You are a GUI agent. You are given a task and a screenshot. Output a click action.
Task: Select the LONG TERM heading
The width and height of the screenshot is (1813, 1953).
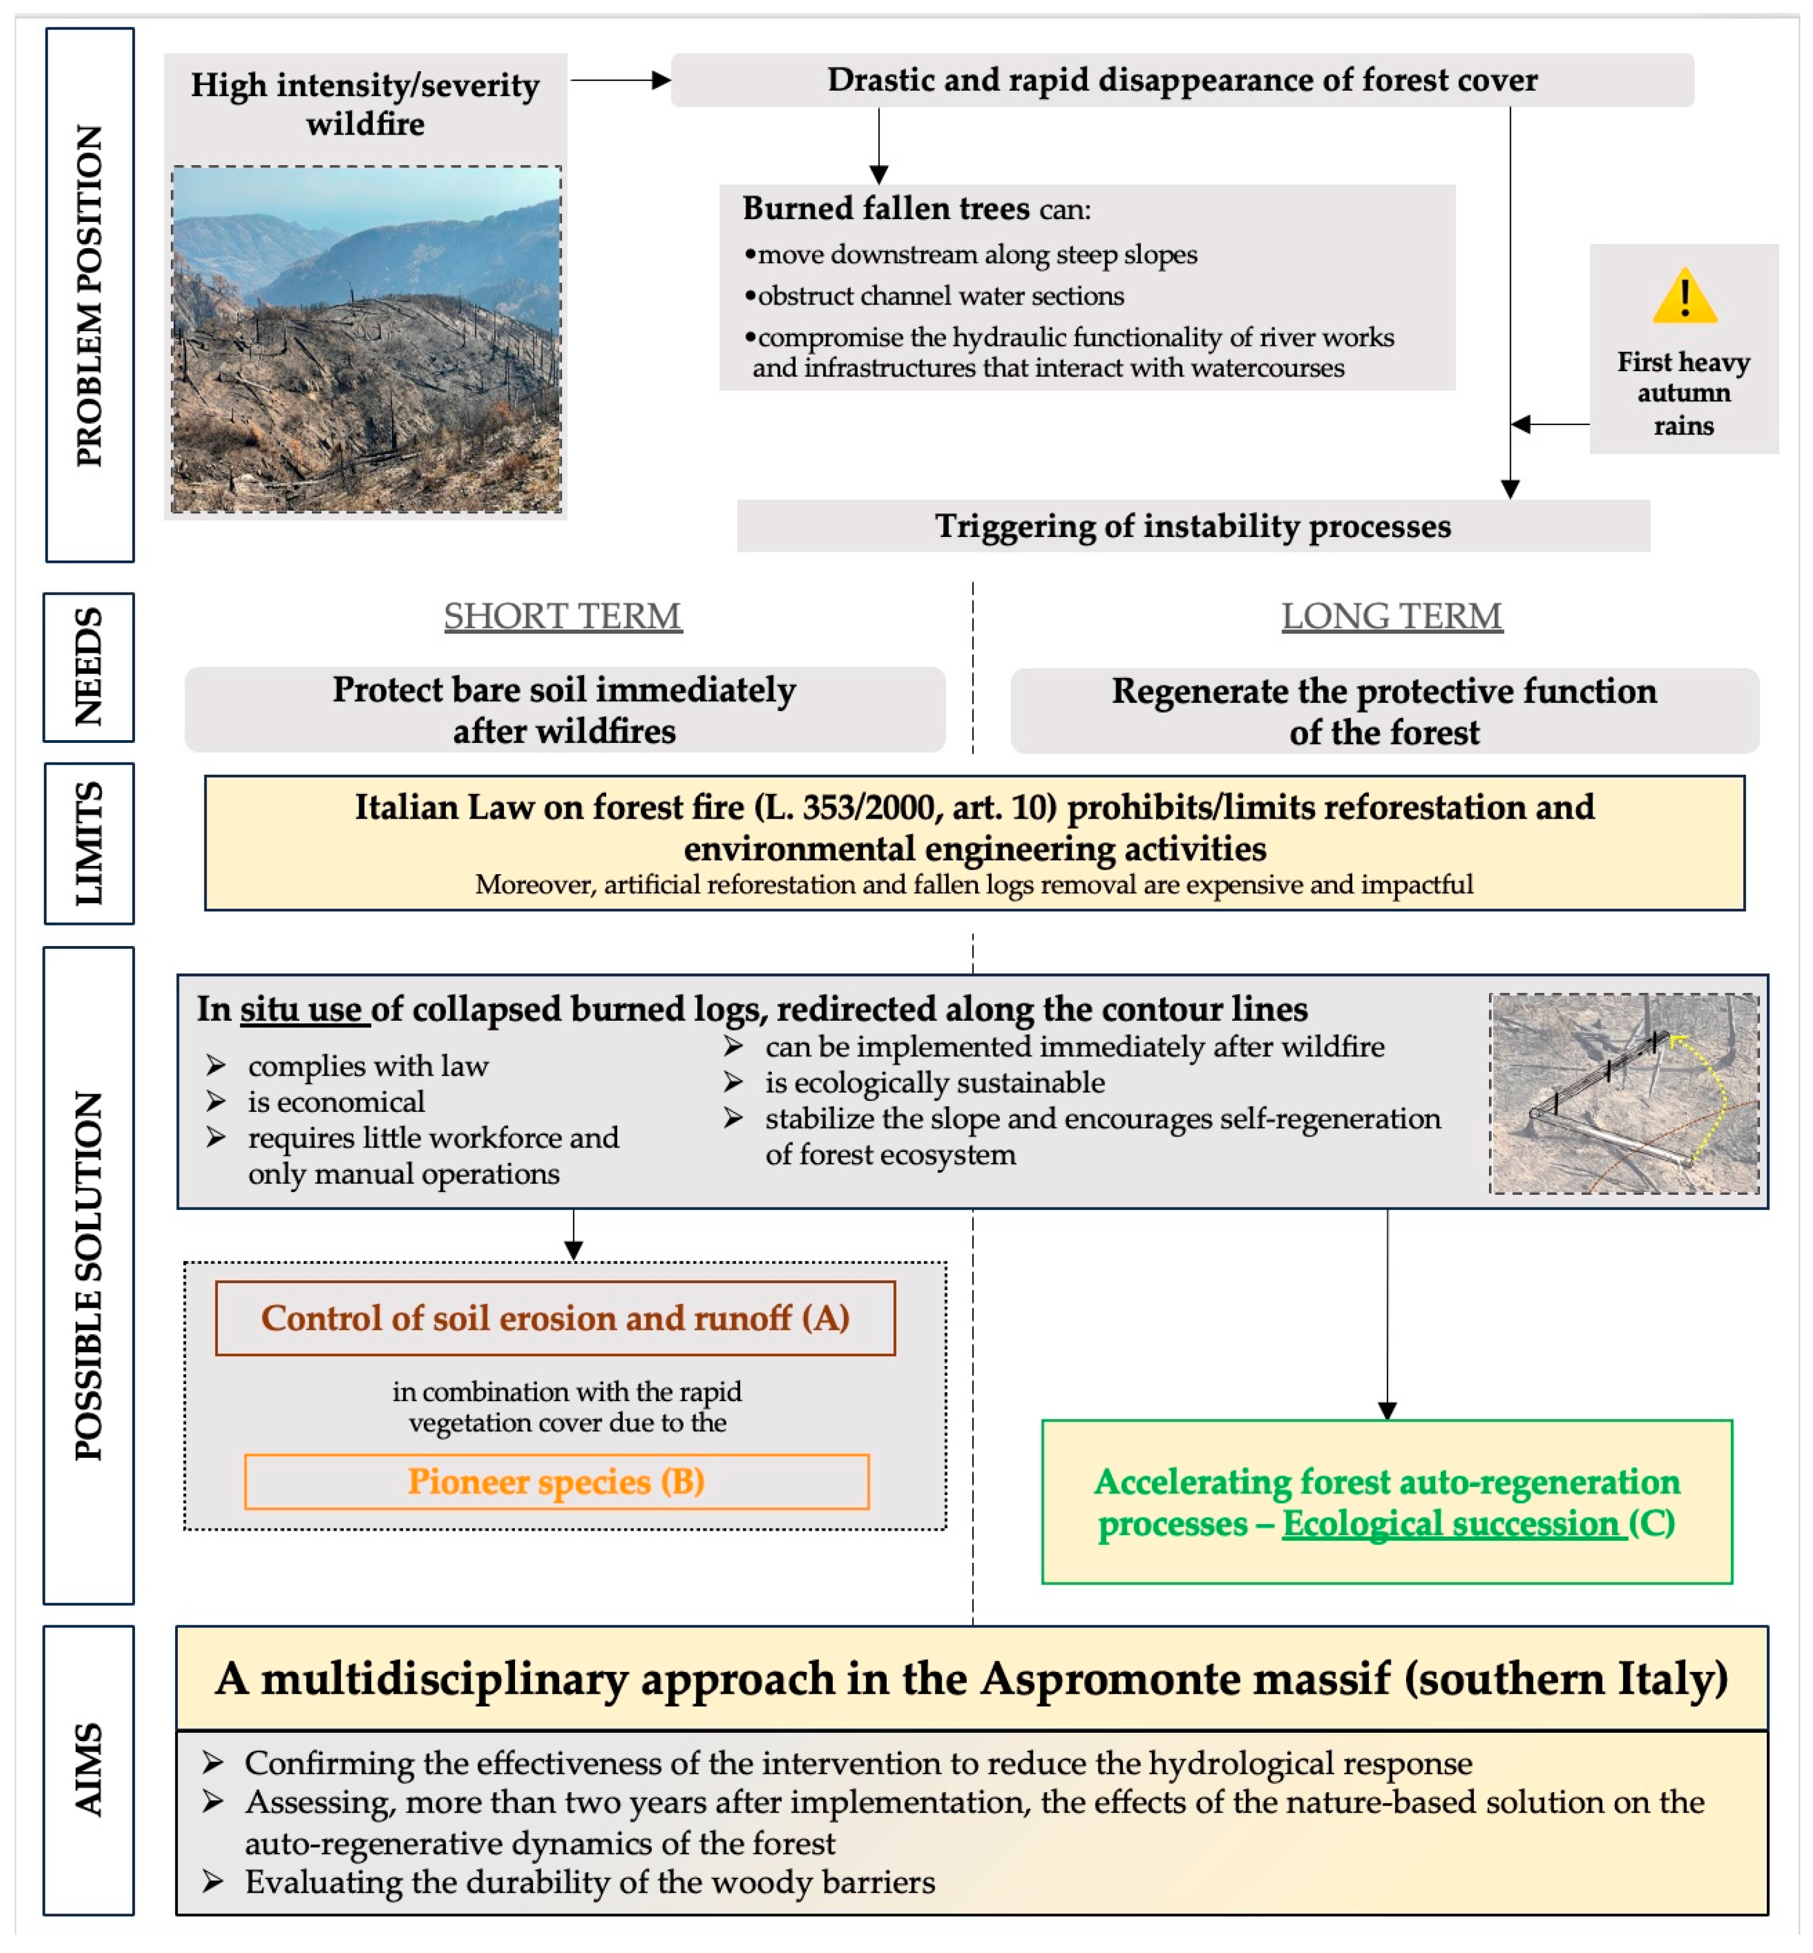point(1391,616)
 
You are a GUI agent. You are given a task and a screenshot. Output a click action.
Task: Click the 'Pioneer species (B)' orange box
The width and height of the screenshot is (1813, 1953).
point(556,1481)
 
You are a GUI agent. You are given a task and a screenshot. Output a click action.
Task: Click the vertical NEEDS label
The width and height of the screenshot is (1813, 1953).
point(88,667)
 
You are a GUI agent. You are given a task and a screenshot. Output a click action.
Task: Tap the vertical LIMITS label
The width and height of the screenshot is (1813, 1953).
point(88,843)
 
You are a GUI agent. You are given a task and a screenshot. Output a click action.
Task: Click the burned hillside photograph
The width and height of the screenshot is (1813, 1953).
point(366,339)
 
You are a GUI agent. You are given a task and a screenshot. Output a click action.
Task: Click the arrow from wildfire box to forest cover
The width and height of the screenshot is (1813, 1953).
point(620,80)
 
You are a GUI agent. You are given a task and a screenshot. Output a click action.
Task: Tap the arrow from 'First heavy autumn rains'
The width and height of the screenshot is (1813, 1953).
point(1550,424)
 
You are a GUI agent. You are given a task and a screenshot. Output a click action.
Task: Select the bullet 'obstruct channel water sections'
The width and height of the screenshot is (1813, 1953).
point(940,295)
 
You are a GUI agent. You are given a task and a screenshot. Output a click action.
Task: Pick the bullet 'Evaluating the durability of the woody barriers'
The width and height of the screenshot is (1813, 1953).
point(589,1882)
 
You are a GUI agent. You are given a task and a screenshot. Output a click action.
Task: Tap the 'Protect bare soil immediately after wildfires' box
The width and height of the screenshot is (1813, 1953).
point(564,710)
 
